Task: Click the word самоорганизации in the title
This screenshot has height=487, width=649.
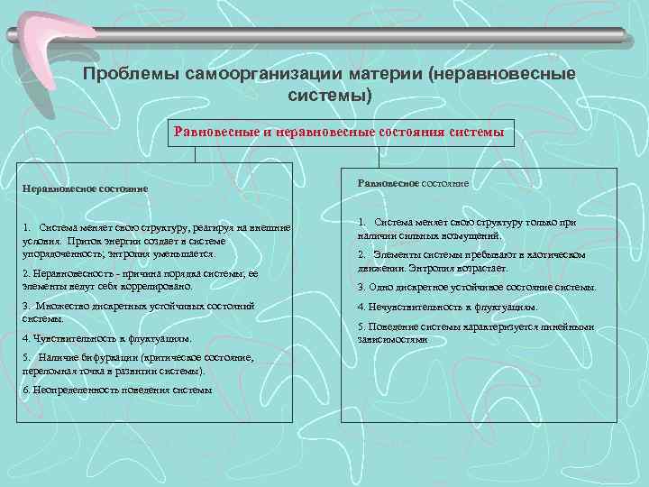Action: (x=250, y=73)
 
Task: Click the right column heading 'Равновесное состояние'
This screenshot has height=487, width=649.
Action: (x=413, y=182)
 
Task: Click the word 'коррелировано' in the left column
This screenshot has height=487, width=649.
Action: (x=162, y=285)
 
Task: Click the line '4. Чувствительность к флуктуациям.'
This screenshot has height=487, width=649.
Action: (x=106, y=338)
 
